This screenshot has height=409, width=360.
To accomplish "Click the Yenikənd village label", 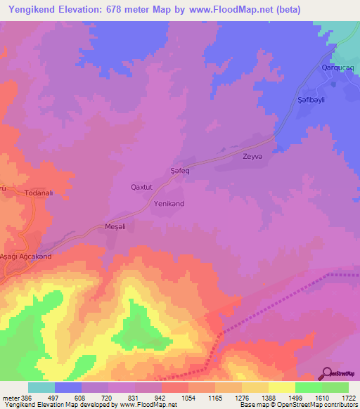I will (x=169, y=204).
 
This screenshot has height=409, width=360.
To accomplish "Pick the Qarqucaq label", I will (x=332, y=67).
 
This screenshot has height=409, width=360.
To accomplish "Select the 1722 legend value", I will (x=349, y=397).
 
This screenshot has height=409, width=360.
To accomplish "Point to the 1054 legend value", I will (x=188, y=397).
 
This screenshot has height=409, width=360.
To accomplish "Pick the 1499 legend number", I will (x=295, y=397).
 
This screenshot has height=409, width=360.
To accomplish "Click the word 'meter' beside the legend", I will (x=10, y=397).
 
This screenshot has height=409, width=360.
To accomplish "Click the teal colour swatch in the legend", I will (x=41, y=387).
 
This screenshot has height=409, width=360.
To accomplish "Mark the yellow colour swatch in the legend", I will (x=282, y=387).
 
